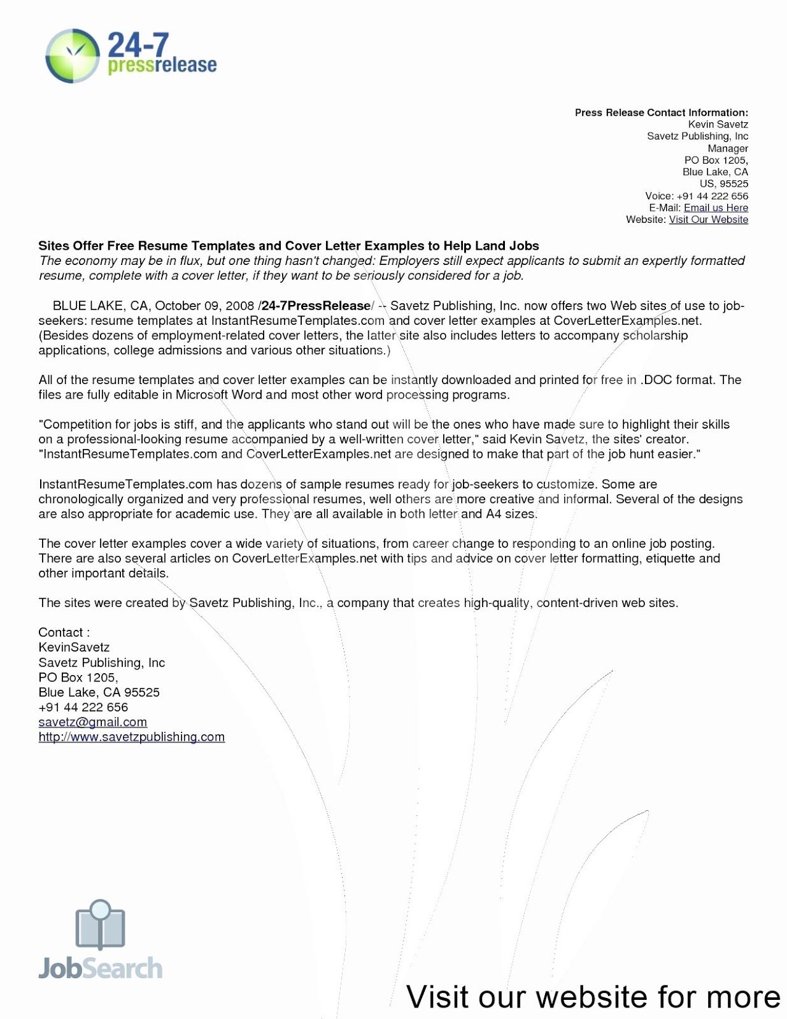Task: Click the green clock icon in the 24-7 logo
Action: (73, 55)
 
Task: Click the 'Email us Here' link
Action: (716, 208)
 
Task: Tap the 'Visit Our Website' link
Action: (708, 220)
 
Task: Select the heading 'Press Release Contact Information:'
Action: (661, 113)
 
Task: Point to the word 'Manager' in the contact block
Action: (728, 148)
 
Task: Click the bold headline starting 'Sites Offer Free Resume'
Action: (288, 246)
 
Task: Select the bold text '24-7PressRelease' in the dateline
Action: (316, 306)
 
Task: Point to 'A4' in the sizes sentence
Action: (493, 514)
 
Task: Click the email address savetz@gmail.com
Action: (92, 722)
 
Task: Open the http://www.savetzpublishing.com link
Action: (131, 737)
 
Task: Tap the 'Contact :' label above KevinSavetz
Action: (64, 632)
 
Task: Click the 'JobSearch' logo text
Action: (100, 969)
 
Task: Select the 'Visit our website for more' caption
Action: (593, 997)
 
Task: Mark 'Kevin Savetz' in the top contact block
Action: (718, 125)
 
